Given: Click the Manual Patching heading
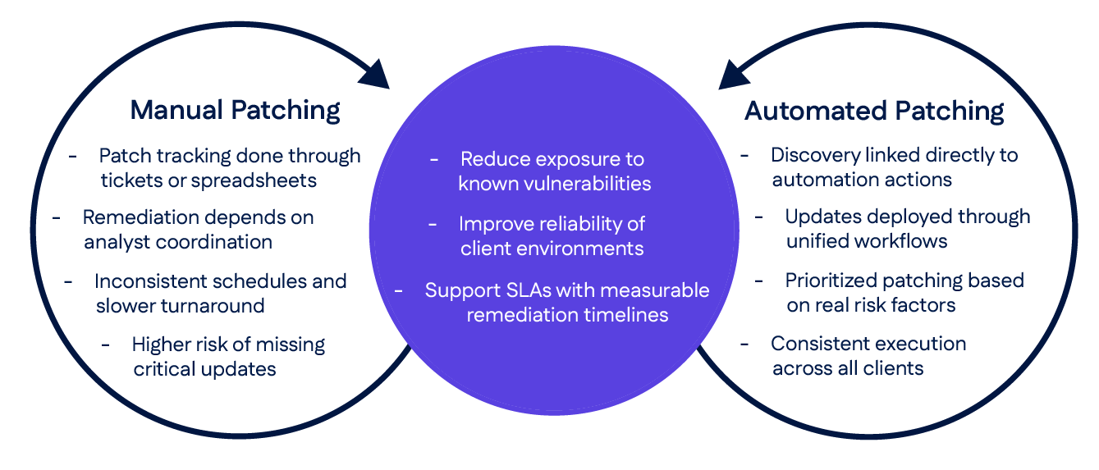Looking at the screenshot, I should (x=235, y=110).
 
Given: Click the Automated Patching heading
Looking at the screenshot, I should (x=873, y=111).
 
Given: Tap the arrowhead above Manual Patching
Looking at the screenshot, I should (x=375, y=74).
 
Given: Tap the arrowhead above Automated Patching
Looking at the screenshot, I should (x=734, y=74).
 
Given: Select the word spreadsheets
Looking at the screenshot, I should (x=254, y=180).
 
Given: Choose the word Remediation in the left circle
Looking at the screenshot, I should (x=140, y=217).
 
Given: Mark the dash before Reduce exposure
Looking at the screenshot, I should (x=434, y=158).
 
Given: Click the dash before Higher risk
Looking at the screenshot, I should (x=106, y=344).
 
